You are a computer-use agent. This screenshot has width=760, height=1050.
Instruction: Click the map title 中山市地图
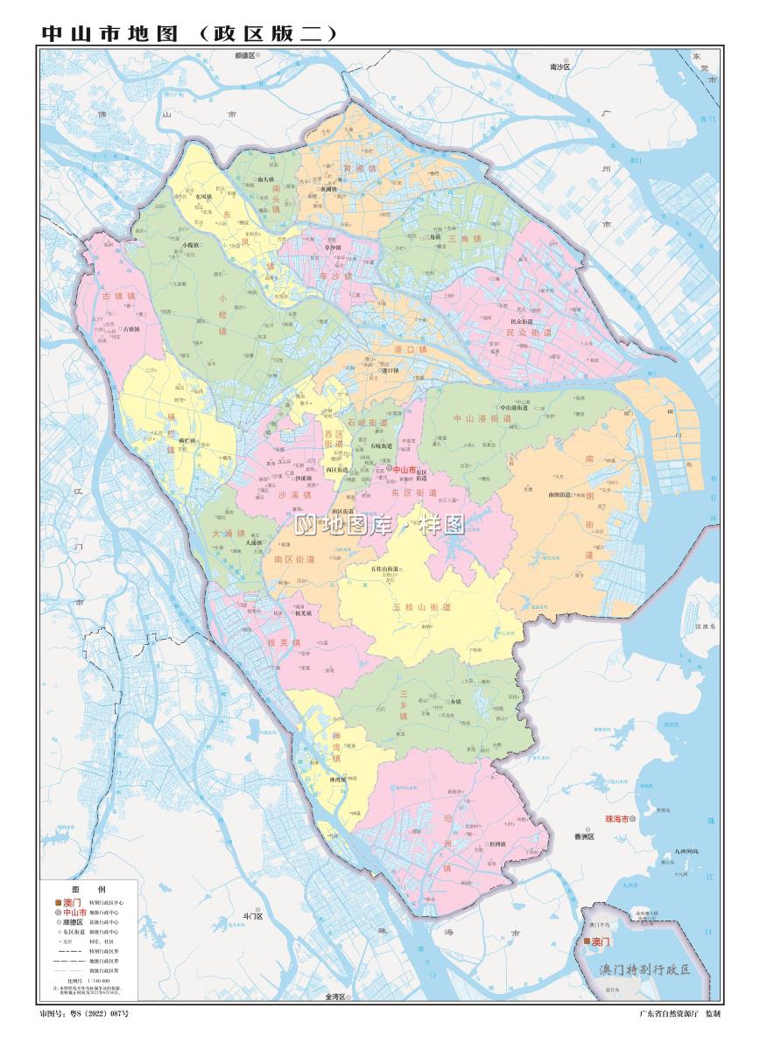click(x=109, y=33)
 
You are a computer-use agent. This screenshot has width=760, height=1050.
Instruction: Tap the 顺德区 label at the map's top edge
click(x=244, y=55)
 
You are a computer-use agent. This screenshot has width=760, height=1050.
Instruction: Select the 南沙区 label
click(x=559, y=66)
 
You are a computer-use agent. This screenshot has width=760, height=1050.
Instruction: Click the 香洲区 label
click(x=585, y=836)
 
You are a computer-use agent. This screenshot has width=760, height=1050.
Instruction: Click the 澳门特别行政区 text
click(x=645, y=969)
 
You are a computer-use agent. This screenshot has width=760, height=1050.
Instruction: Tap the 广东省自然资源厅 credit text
click(x=669, y=1013)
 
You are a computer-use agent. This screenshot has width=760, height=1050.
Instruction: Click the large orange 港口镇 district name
click(x=410, y=349)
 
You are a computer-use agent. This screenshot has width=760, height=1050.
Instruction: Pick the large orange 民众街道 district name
click(x=529, y=332)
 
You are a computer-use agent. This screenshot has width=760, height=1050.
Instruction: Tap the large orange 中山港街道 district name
click(x=482, y=419)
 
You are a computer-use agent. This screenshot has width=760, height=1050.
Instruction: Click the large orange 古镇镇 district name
click(x=119, y=296)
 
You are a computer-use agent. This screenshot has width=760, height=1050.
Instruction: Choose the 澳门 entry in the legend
click(x=68, y=901)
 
